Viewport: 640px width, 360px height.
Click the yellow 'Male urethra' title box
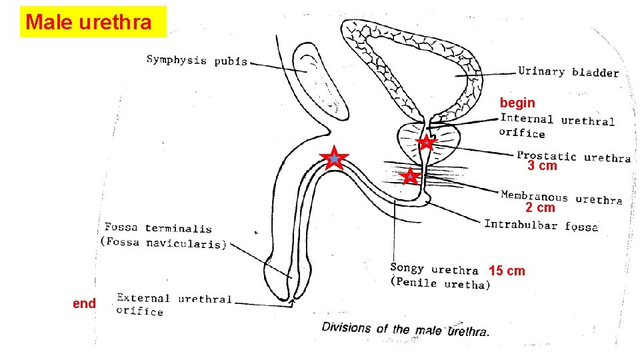tap(93, 22)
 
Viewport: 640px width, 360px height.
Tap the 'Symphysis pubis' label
tap(197, 61)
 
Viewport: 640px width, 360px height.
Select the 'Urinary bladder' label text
tap(568, 72)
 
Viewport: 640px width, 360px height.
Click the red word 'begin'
tap(517, 103)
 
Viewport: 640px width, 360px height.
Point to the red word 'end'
tap(85, 303)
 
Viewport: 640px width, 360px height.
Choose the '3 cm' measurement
tap(542, 166)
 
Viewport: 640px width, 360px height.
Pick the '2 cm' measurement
tap(540, 207)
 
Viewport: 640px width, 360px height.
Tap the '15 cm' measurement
tap(507, 271)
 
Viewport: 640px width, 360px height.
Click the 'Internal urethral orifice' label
tap(557, 125)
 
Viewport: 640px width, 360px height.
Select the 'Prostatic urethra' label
tap(573, 157)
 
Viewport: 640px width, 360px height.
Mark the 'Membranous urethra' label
tap(561, 197)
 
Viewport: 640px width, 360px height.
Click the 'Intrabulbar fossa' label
tap(541, 225)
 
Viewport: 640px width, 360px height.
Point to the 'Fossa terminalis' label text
tap(159, 229)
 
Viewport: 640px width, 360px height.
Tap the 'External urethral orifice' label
tap(173, 304)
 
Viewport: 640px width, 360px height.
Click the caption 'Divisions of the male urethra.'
tap(405, 329)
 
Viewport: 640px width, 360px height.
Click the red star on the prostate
tap(426, 142)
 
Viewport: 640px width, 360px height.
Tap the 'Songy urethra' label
tap(434, 269)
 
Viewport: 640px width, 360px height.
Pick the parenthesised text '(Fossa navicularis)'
tap(163, 243)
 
